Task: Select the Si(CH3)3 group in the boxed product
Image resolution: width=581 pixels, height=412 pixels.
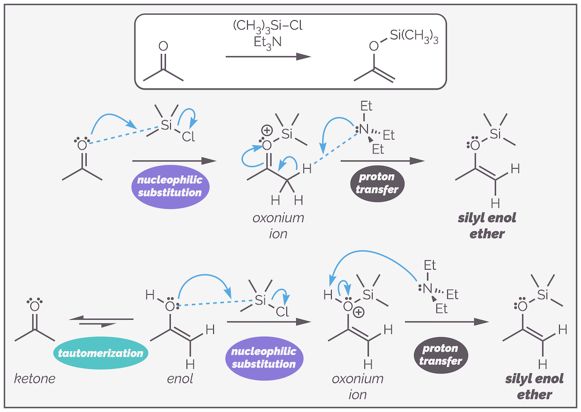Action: tap(414, 37)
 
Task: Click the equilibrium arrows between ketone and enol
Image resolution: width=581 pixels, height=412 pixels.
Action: tap(103, 321)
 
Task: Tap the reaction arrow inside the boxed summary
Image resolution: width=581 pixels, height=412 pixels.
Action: tap(268, 56)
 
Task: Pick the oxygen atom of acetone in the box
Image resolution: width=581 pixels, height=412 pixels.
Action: tap(163, 47)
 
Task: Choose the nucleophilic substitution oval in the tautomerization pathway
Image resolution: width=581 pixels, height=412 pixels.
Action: tap(264, 357)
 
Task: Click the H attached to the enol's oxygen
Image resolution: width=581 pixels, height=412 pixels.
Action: tap(150, 295)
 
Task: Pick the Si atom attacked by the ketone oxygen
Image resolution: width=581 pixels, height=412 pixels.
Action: tap(166, 125)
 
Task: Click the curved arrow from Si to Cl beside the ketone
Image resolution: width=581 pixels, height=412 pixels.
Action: tap(191, 117)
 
